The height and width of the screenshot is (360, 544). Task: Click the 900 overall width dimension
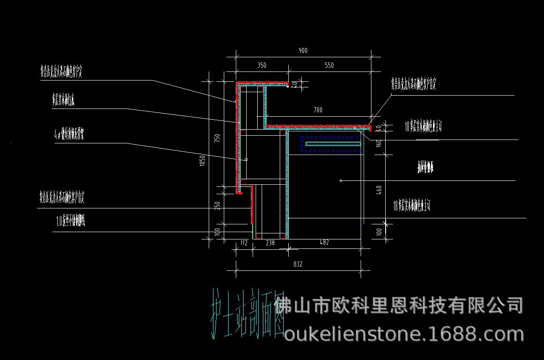(x=303, y=51)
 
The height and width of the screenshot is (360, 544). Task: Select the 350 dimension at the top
(x=262, y=65)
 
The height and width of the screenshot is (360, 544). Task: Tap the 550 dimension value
(x=329, y=65)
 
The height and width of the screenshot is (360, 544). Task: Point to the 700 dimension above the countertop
(x=318, y=110)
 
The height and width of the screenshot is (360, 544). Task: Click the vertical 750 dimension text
(x=217, y=138)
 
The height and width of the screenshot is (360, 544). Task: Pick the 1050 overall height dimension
(x=203, y=161)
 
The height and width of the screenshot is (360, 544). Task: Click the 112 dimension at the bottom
(x=244, y=243)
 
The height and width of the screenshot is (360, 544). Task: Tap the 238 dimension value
(x=270, y=243)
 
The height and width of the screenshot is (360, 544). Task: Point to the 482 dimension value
(x=325, y=243)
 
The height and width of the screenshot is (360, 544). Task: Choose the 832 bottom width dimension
(x=298, y=264)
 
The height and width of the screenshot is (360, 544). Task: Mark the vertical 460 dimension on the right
(x=379, y=190)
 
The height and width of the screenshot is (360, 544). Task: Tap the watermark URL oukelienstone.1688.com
(x=404, y=334)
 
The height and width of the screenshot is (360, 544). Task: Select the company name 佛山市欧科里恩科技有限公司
(x=399, y=306)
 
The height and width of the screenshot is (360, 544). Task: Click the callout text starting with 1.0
(x=71, y=222)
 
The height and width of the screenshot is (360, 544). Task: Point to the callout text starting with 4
(x=69, y=134)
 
